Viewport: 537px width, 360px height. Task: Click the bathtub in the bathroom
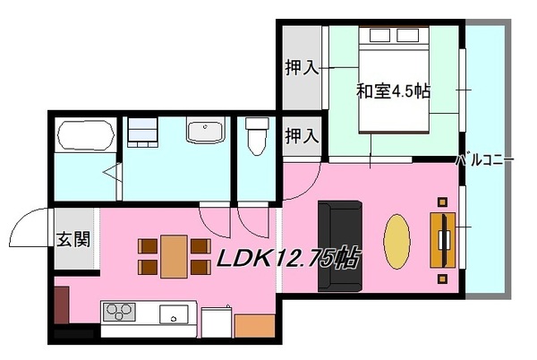point(86,134)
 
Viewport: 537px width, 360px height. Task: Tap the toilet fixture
point(257,135)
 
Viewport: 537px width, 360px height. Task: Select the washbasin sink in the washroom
point(206,130)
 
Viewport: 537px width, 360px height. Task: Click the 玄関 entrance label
point(73,239)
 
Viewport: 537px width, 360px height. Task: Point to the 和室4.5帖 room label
point(393,91)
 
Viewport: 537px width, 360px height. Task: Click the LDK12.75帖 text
point(288,258)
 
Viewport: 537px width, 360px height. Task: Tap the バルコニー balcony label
point(485,159)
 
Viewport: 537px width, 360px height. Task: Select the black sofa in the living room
point(340,246)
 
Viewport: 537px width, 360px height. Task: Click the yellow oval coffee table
point(396,242)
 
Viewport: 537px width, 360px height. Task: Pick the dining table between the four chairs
point(174,256)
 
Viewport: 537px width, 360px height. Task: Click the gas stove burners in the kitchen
point(119,312)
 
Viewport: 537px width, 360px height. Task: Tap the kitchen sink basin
point(174,314)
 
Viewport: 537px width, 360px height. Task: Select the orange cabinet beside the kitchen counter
point(255,326)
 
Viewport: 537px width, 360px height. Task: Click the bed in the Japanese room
point(394,80)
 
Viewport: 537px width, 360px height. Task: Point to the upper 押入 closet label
point(303,67)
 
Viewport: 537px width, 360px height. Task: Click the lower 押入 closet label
point(303,135)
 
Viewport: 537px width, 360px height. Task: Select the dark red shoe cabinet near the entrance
point(62,305)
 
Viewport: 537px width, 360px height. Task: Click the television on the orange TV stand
point(444,240)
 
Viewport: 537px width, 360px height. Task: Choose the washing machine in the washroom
point(142,133)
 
